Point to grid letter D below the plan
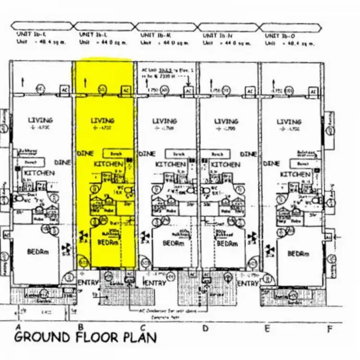(205, 328)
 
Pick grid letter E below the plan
(267, 328)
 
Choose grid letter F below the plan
(329, 328)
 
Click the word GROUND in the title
(43, 337)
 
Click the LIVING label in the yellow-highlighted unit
(103, 121)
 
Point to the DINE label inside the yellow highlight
(84, 154)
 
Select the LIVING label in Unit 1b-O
(288, 122)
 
